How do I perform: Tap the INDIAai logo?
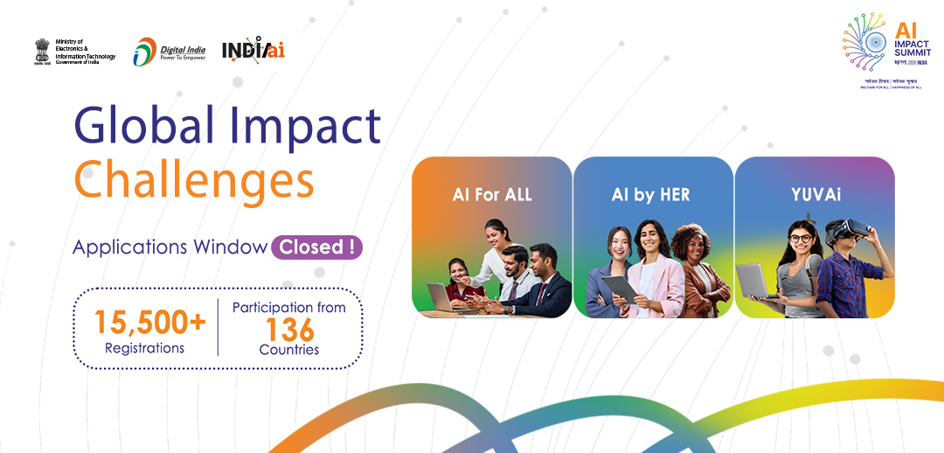pyautogui.click(x=253, y=50)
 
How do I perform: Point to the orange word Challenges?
pyautogui.click(x=194, y=180)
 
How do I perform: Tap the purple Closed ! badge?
pyautogui.click(x=316, y=247)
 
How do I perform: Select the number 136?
pyautogui.click(x=288, y=330)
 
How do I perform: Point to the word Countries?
pyautogui.click(x=288, y=350)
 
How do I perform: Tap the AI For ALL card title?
pyautogui.click(x=491, y=195)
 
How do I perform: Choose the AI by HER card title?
pyautogui.click(x=650, y=195)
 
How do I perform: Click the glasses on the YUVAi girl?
pyautogui.click(x=801, y=238)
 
